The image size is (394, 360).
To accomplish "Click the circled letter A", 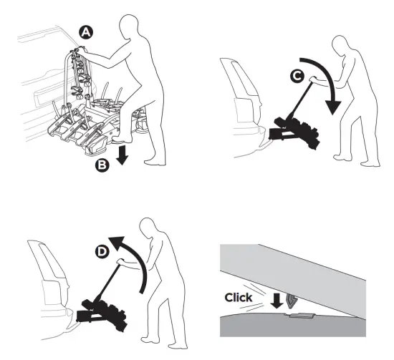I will coord(86,32).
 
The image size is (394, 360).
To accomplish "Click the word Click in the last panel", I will coord(239,296).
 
